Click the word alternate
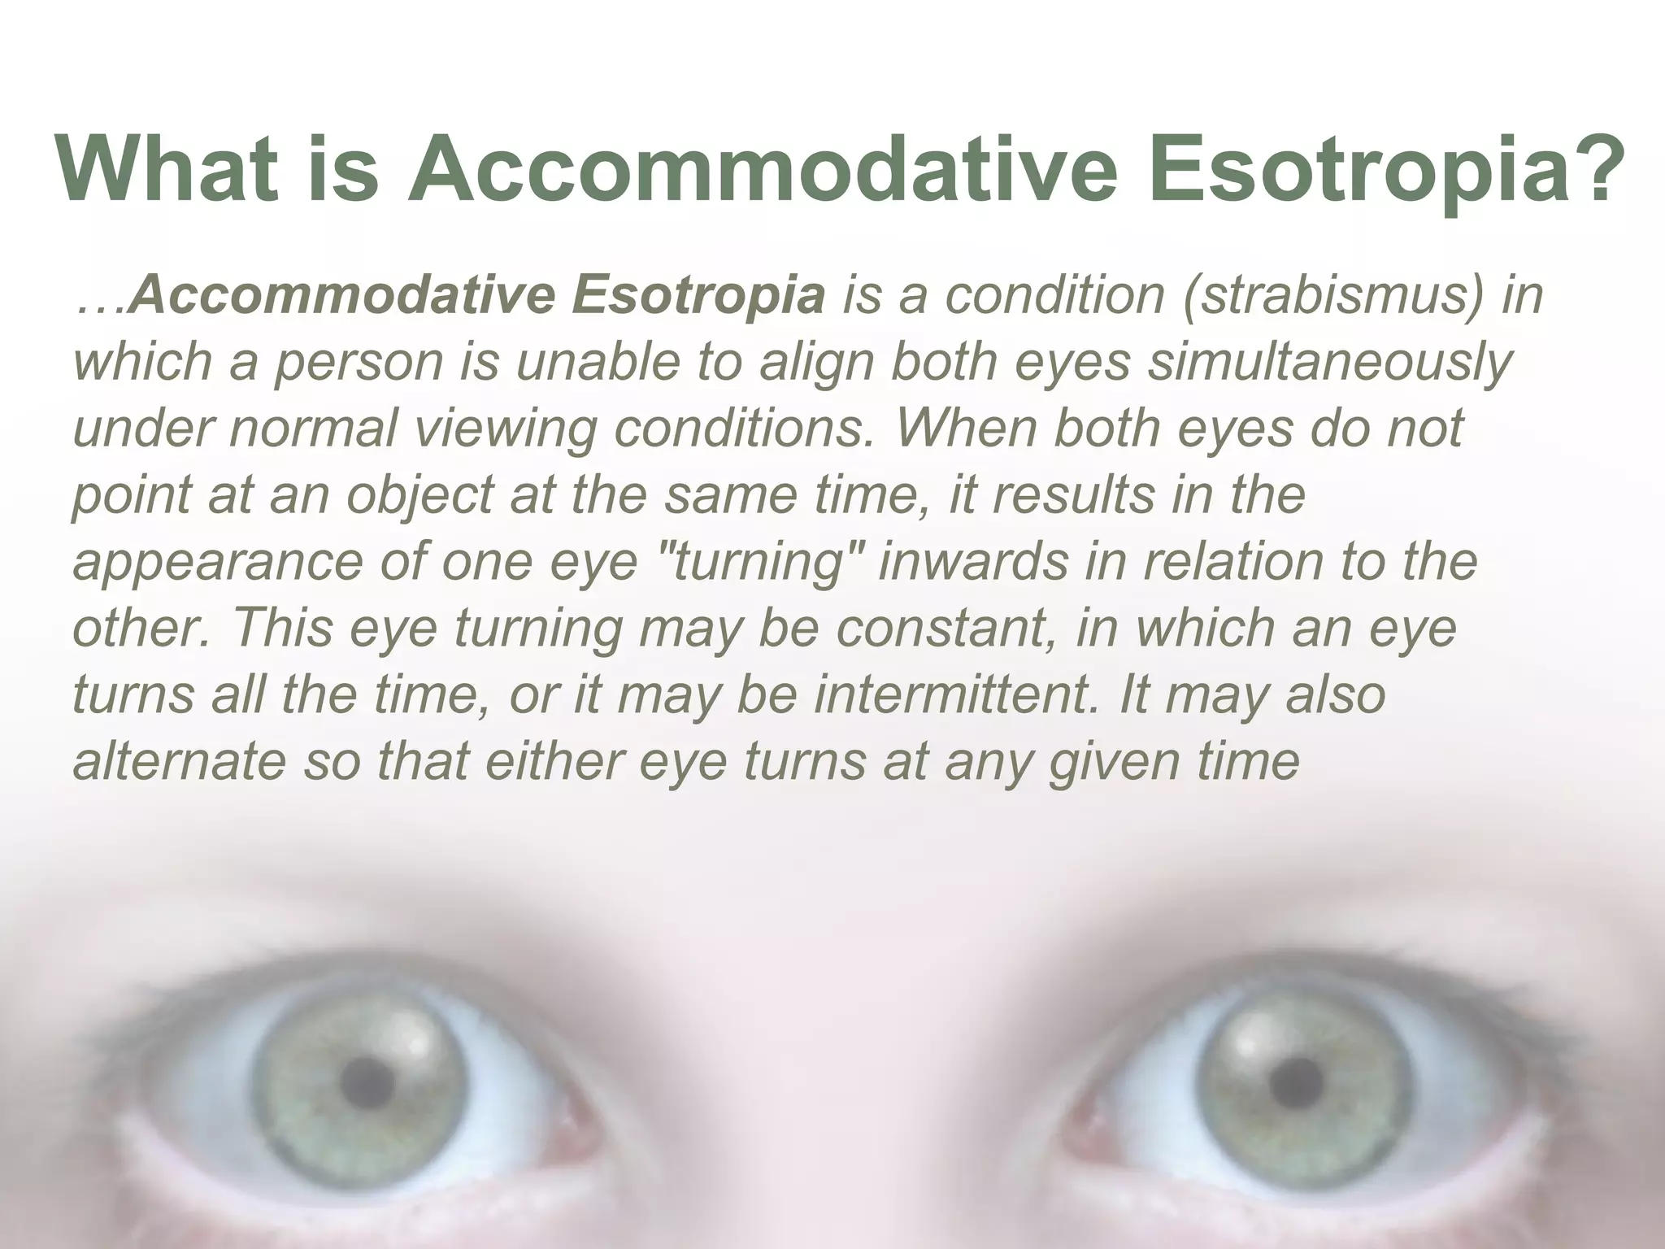click(180, 762)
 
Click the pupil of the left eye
click(372, 1081)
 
